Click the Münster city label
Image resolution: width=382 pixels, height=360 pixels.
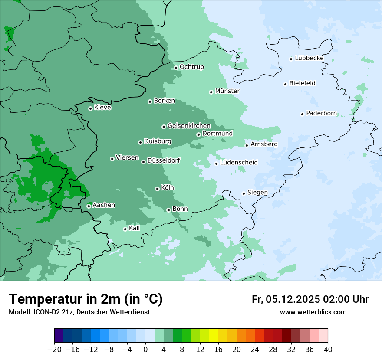(227, 91)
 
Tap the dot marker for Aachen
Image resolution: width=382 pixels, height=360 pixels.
(89, 206)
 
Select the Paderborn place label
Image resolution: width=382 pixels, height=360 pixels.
(321, 113)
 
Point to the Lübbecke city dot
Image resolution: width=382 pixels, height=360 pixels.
(291, 59)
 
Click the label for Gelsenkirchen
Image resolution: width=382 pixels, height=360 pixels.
(189, 126)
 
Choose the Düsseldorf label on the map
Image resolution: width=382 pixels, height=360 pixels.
(164, 160)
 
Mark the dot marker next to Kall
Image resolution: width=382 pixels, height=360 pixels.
(125, 229)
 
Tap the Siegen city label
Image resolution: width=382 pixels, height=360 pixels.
(257, 193)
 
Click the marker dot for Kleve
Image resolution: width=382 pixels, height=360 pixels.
(90, 108)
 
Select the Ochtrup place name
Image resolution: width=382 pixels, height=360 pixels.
(191, 67)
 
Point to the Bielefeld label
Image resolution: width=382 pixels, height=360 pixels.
(302, 83)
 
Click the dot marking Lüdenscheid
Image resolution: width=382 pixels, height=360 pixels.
(216, 164)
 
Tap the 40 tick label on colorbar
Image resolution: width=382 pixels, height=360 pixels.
(328, 350)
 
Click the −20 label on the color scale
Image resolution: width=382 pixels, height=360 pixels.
(54, 350)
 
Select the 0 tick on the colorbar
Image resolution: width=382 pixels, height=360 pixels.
(145, 350)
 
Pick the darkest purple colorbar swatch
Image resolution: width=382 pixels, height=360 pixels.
(59, 336)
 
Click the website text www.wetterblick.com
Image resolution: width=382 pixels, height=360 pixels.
(313, 312)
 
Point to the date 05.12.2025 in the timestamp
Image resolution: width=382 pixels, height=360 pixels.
(293, 299)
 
